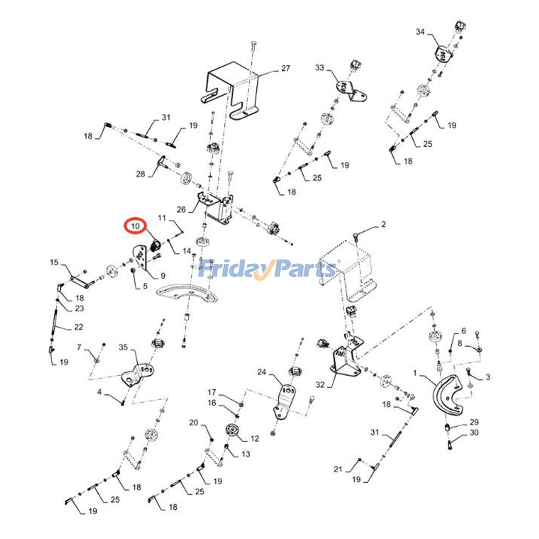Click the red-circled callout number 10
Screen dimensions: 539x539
(135, 226)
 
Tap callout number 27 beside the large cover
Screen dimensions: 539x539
(285, 68)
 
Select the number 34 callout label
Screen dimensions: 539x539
(420, 32)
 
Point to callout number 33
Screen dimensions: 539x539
(319, 68)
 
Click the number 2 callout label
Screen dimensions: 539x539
(383, 224)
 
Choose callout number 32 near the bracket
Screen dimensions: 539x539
(320, 384)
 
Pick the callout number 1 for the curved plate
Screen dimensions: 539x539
(415, 373)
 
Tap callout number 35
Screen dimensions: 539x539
(123, 347)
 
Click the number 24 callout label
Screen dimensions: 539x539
(261, 372)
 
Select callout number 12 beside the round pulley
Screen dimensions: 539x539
(255, 438)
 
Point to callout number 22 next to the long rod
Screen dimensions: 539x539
(78, 327)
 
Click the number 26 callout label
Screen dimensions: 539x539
(181, 210)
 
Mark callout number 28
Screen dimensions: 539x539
(140, 174)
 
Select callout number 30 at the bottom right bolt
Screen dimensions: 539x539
(474, 432)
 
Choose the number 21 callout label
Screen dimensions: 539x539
(338, 469)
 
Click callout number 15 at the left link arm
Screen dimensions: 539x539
(54, 262)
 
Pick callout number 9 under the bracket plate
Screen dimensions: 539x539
(163, 276)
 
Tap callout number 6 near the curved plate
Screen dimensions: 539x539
(464, 331)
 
